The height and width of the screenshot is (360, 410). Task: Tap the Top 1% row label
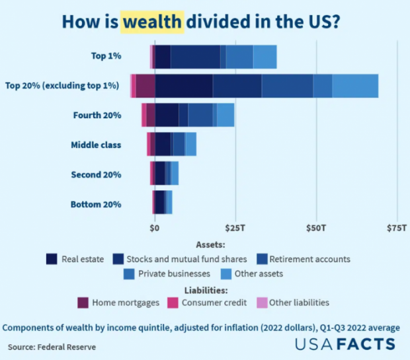point(106,56)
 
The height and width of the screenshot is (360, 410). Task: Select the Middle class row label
point(96,145)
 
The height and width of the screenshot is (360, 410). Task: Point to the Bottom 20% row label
point(96,205)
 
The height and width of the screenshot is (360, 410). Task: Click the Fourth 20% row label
point(97,115)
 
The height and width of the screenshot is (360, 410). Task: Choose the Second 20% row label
point(96,175)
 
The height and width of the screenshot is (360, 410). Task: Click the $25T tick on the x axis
point(235,228)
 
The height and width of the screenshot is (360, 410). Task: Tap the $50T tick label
point(316,228)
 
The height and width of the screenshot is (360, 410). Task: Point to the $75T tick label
point(397,228)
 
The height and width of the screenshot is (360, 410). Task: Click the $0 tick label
point(155,228)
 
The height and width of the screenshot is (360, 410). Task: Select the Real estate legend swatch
point(52,259)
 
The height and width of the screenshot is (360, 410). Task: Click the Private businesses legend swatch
point(130,273)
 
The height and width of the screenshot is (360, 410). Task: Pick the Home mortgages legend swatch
point(83,303)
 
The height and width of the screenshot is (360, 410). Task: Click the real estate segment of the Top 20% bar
point(184,86)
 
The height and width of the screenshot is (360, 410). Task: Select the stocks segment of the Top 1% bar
point(195,56)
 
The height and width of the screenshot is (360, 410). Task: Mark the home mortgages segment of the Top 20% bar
point(145,86)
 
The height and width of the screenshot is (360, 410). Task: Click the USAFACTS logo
point(346,344)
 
